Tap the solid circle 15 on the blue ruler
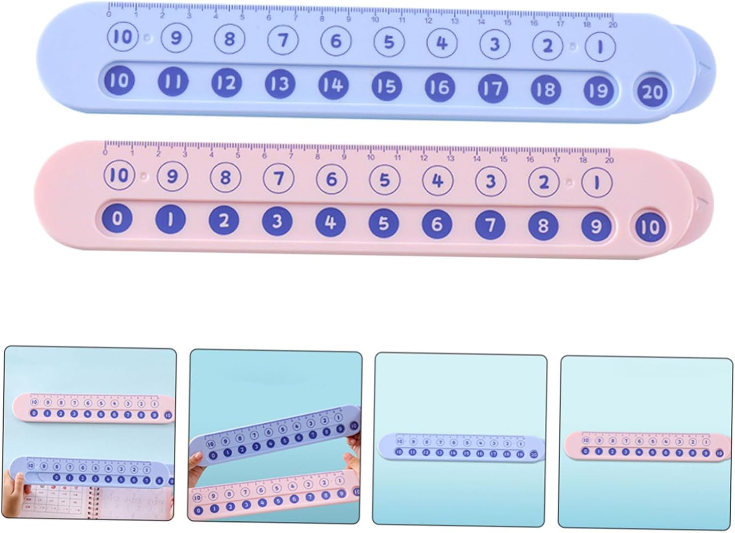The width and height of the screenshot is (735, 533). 387,86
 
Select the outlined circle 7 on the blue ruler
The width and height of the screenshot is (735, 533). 283,40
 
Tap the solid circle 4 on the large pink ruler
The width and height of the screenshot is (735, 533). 330,222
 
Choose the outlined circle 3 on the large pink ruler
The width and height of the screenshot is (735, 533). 490,181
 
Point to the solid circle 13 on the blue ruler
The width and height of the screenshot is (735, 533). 280,84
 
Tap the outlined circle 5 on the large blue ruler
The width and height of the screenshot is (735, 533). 389,42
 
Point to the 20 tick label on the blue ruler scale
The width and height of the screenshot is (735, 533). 612,25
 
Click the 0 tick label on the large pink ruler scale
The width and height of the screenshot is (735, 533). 106,152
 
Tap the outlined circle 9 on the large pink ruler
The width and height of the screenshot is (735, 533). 172,176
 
